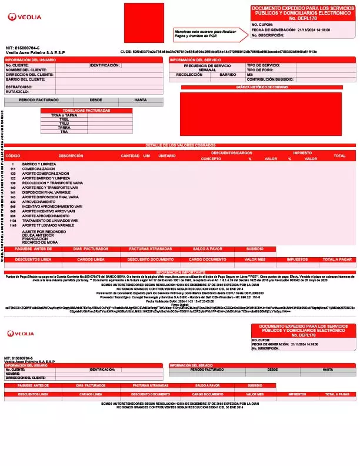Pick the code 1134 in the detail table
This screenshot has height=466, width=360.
[13, 221]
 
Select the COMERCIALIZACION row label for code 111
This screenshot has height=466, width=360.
[38, 168]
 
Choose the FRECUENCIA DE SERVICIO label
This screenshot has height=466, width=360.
[207, 65]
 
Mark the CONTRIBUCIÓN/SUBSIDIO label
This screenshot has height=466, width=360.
[270, 79]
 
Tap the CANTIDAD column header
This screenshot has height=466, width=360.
[130, 156]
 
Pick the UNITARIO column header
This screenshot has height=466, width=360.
[167, 156]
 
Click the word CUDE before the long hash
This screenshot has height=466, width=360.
[125, 52]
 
